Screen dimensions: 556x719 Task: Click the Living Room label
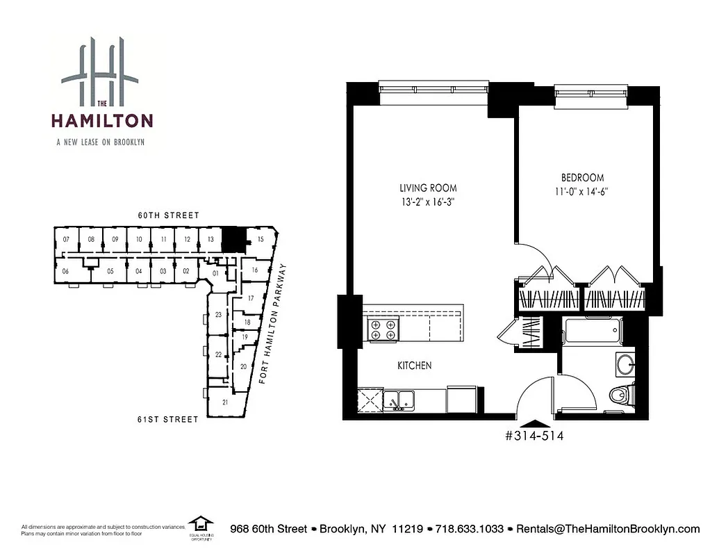coord(428,188)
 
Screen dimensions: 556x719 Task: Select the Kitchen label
coord(415,366)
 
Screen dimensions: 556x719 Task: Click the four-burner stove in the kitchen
coord(383,329)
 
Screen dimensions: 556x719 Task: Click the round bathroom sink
coord(625,363)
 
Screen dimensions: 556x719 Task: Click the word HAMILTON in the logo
coord(101,120)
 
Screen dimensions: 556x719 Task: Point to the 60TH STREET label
coord(169,215)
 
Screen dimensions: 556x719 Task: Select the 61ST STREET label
coord(169,419)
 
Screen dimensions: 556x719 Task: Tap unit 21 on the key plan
coord(225,402)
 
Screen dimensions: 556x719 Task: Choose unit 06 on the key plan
coord(65,271)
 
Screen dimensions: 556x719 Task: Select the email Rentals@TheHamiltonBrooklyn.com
coord(606,529)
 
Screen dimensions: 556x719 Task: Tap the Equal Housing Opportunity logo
coord(201,526)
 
